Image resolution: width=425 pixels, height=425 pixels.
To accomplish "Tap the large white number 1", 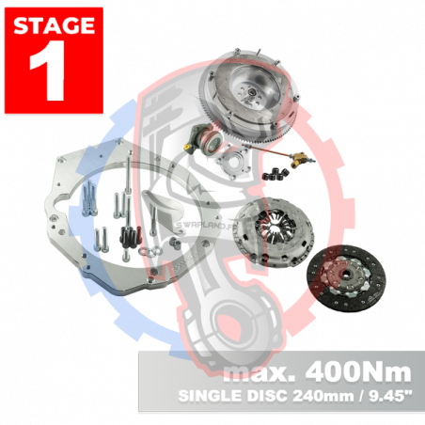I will tap(49, 73).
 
